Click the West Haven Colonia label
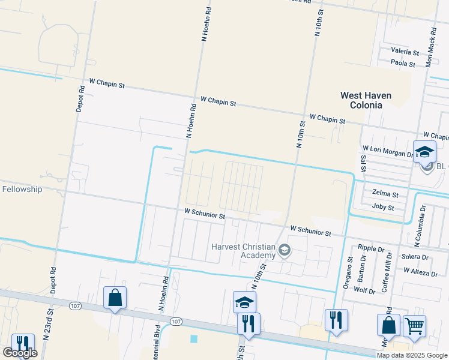click(x=366, y=100)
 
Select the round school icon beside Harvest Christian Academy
click(x=285, y=251)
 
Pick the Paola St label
click(x=403, y=63)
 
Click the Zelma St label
click(x=385, y=194)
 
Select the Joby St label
click(x=383, y=208)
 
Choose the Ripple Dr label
click(x=371, y=248)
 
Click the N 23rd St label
click(x=50, y=313)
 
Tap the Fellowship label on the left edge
click(x=22, y=189)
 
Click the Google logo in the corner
click(x=20, y=353)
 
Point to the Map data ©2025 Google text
click(x=411, y=355)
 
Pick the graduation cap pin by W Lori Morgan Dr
click(x=424, y=152)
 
